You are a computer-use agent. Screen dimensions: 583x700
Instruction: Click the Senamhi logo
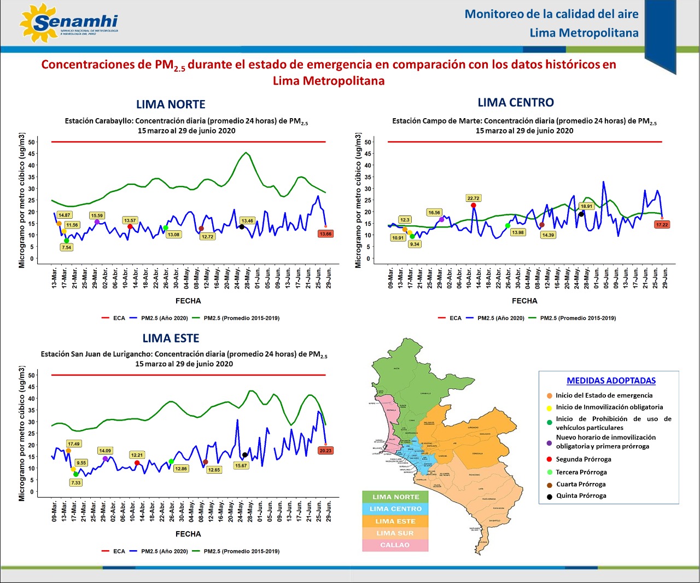tap(68, 24)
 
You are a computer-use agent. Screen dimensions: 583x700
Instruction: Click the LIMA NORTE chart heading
tap(171, 104)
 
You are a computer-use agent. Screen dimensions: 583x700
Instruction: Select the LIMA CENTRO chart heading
tap(516, 103)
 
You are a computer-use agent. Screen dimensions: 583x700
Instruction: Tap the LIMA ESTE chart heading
tap(171, 339)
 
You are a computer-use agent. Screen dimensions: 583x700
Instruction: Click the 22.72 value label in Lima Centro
tap(473, 198)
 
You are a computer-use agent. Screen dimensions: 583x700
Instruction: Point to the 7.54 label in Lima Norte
tap(66, 247)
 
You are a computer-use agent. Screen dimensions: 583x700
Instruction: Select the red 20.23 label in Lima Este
tap(325, 451)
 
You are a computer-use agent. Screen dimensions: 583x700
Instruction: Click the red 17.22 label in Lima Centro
tap(662, 225)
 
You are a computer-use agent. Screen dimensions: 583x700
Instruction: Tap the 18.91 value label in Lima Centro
tap(586, 207)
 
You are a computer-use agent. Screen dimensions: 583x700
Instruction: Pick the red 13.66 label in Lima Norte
tap(325, 234)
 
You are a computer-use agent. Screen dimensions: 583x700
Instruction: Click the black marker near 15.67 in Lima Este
tap(244, 455)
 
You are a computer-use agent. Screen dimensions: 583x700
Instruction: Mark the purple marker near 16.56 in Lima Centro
tap(441, 219)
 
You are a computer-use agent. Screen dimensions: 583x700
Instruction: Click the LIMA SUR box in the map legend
tap(395, 533)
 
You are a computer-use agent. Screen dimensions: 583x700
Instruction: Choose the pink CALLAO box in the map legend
tap(395, 545)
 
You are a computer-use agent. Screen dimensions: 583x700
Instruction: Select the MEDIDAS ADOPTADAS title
tap(611, 381)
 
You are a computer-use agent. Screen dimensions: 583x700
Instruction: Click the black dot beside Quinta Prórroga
tap(549, 497)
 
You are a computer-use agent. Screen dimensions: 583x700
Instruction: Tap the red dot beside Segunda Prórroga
tap(549, 460)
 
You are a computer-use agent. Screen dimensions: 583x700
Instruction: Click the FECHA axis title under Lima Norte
tap(188, 301)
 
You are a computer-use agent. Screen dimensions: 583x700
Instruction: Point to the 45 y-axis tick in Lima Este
tap(32, 387)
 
